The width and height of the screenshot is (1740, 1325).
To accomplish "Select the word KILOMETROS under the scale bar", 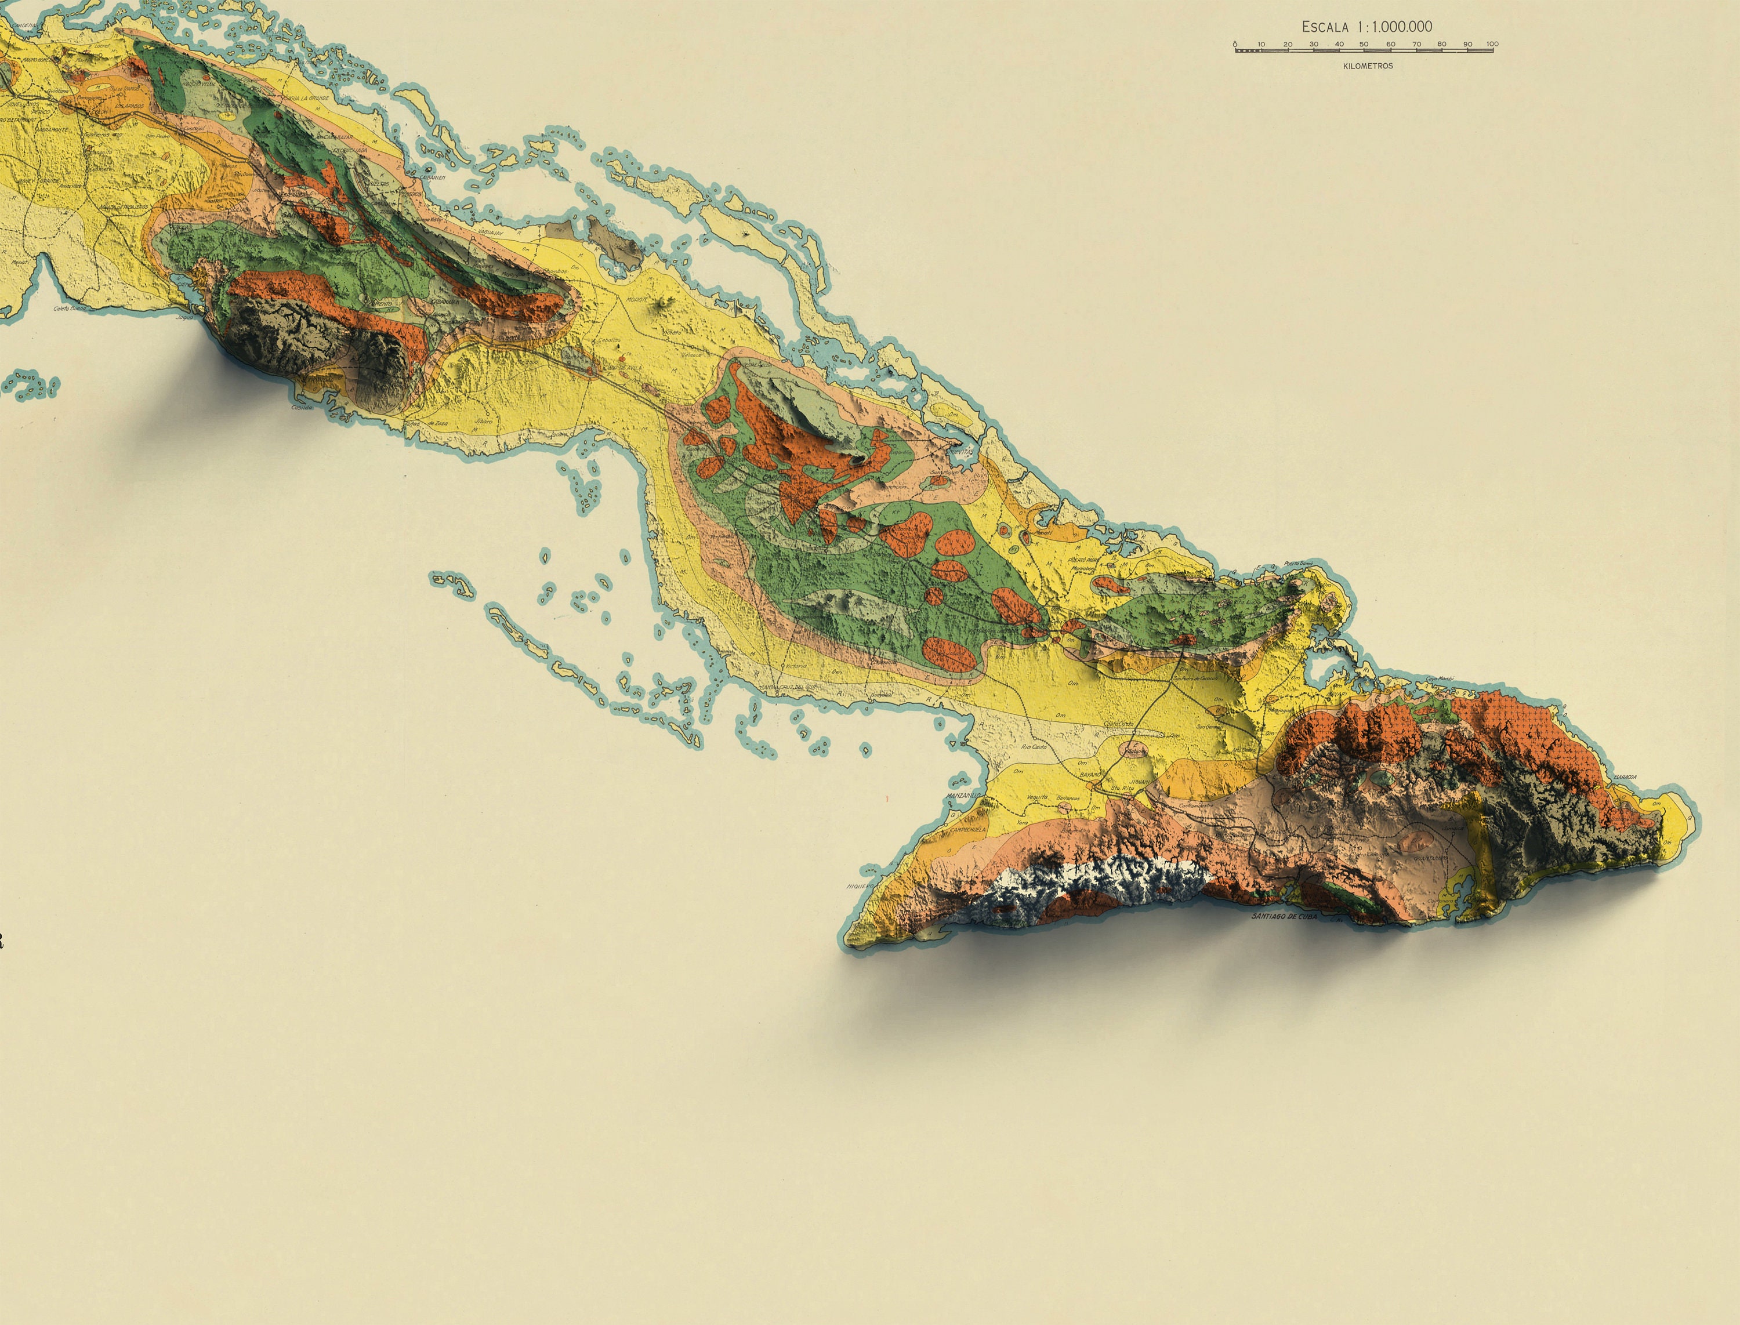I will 1368,66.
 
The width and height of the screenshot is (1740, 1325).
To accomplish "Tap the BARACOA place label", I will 1625,777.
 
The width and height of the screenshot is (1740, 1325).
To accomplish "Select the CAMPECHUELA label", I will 968,830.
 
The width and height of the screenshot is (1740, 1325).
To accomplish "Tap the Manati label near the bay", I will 1043,533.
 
